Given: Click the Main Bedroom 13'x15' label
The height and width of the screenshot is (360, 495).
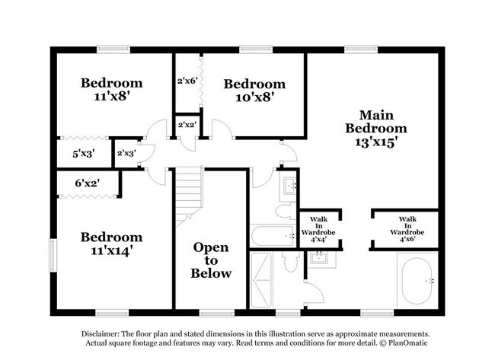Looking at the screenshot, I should click(375, 129).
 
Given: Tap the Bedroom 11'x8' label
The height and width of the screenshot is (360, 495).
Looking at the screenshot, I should click(112, 90).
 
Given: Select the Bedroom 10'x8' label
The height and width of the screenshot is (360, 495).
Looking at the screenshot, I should click(254, 90).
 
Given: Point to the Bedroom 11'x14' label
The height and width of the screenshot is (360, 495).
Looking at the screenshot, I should click(112, 244).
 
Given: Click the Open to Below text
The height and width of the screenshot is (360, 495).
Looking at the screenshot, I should click(211, 260).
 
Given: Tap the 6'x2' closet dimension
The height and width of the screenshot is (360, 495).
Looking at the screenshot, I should click(87, 183).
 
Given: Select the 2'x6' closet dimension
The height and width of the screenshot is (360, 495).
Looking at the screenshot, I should click(187, 80).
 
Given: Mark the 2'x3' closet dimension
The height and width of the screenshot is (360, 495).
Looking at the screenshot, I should click(126, 153).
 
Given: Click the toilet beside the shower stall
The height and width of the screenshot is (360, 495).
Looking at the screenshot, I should click(290, 261).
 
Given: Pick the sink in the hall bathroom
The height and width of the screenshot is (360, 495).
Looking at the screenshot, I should click(289, 184).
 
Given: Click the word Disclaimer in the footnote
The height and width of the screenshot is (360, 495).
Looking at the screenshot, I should click(101, 334).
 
